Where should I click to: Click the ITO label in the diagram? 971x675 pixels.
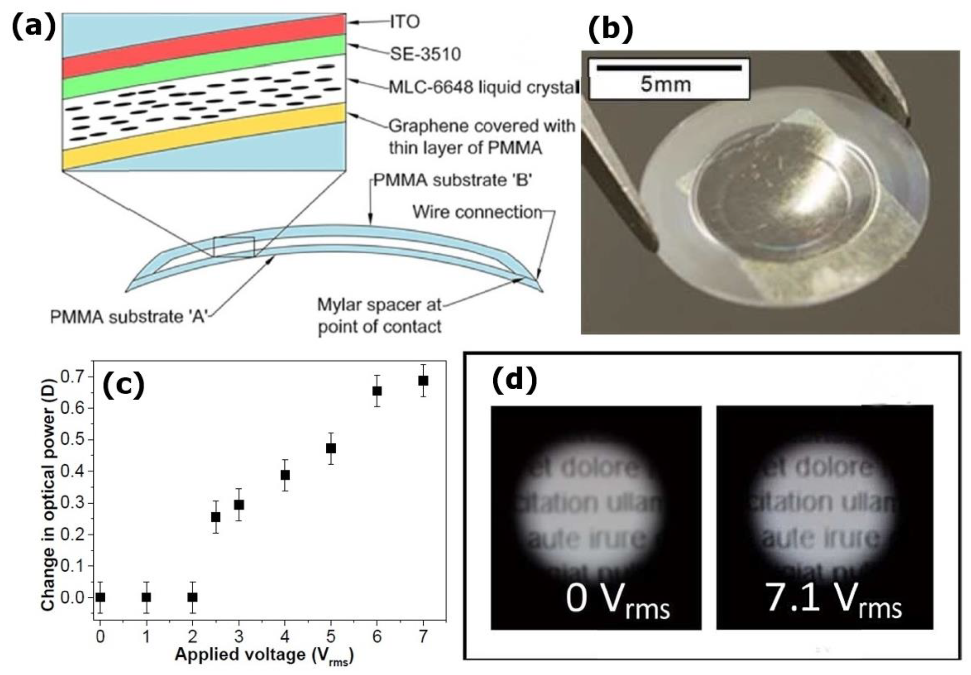[x=404, y=22]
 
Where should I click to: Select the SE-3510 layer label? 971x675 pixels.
[x=425, y=54]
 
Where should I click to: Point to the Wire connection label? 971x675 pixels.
[x=477, y=212]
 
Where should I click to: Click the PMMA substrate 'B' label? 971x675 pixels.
[x=453, y=180]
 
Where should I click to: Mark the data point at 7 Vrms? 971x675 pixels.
[x=423, y=381]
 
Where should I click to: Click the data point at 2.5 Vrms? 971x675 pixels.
[x=216, y=517]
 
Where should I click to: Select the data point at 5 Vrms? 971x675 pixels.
[x=331, y=448]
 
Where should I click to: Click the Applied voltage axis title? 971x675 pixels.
[x=264, y=655]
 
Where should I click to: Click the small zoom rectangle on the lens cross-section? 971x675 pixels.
[x=234, y=247]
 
